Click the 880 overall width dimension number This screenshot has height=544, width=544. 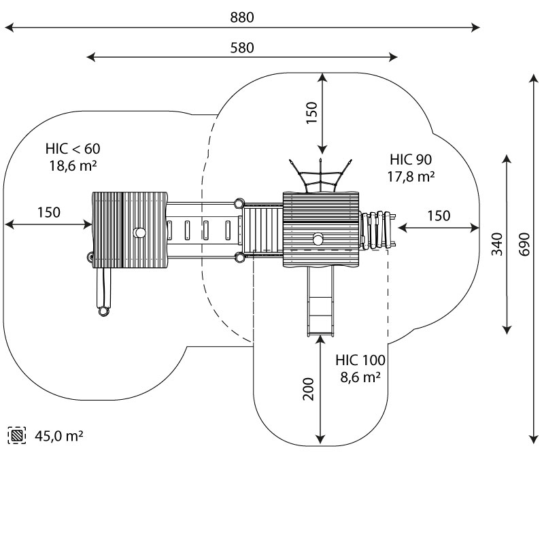(x=242, y=18)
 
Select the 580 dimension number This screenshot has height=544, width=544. (x=242, y=48)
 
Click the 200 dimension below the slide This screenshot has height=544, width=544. (x=309, y=388)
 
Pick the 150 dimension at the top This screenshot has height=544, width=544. (x=311, y=113)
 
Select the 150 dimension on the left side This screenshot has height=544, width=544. (x=48, y=212)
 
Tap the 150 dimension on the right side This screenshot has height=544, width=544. (x=439, y=216)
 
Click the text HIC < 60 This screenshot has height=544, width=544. (x=73, y=148)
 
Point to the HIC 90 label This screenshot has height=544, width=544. (x=411, y=160)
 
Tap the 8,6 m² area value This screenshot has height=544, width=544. (x=360, y=377)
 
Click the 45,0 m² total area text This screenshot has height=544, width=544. (x=59, y=435)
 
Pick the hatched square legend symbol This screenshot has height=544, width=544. (x=17, y=435)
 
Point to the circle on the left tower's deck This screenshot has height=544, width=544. (x=139, y=233)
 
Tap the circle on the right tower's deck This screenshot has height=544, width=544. (x=318, y=239)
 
